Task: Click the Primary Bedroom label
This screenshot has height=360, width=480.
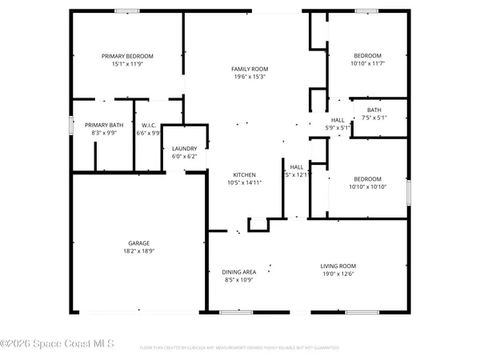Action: click(127, 56)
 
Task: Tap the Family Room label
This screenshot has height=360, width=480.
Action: click(250, 70)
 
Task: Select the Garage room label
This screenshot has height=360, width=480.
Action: click(139, 243)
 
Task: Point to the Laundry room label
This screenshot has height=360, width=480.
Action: click(185, 148)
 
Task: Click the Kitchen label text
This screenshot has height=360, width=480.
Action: click(244, 174)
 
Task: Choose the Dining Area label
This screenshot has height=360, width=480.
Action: click(238, 272)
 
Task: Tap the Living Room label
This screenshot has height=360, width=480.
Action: click(338, 266)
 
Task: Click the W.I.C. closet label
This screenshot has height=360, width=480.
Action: click(148, 125)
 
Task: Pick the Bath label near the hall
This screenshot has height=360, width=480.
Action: click(374, 110)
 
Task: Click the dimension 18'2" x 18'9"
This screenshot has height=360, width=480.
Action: click(139, 251)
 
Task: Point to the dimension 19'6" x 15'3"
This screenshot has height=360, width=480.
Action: click(250, 78)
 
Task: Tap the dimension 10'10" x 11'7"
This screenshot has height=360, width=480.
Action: click(368, 64)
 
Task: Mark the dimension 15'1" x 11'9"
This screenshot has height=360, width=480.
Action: click(127, 64)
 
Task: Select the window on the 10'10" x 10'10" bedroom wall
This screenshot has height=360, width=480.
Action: click(408, 193)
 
